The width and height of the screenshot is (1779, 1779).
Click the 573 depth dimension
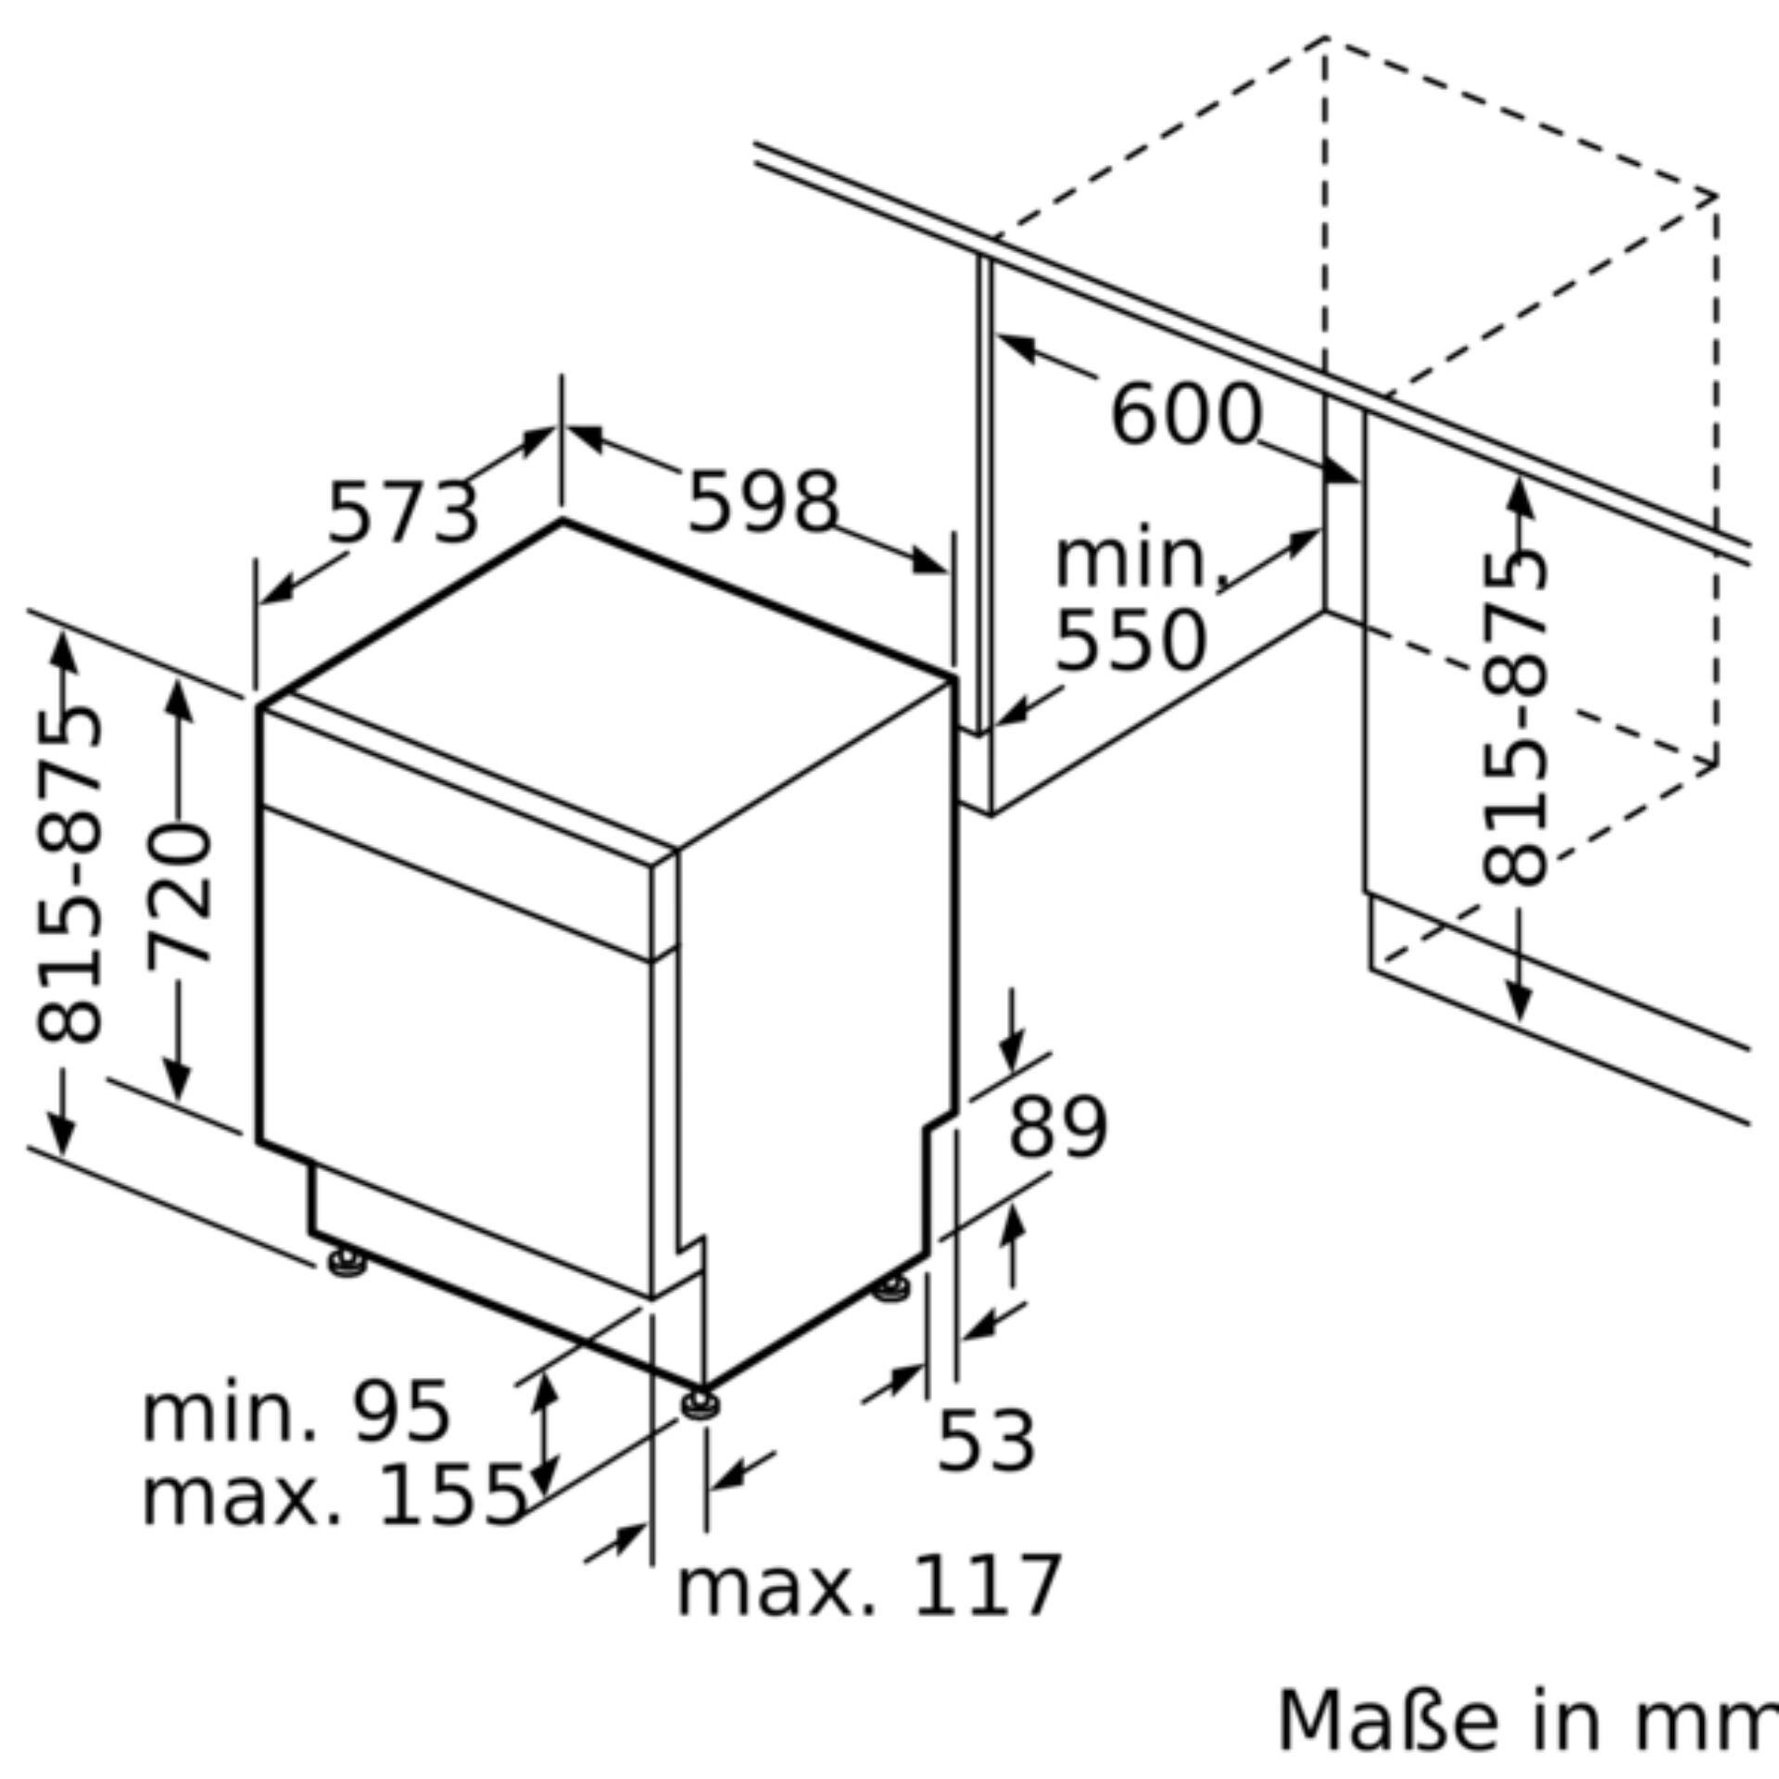[404, 512]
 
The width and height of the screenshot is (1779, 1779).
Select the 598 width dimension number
[763, 502]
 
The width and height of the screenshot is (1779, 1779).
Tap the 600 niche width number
[1186, 415]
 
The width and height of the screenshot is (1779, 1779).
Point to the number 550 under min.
[1131, 641]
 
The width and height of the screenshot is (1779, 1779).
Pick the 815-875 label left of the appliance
[69, 874]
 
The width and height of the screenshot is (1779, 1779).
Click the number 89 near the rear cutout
[1057, 1128]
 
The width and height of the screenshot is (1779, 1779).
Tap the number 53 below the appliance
[986, 1442]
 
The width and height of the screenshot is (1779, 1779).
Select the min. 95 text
[296, 1413]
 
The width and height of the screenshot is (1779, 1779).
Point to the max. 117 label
[869, 1587]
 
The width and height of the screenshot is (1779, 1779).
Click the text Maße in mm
[1527, 1722]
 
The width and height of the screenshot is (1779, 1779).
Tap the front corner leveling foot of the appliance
[700, 1406]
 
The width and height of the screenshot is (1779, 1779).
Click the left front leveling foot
[347, 1263]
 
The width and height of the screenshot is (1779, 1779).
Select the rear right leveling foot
[892, 1288]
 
